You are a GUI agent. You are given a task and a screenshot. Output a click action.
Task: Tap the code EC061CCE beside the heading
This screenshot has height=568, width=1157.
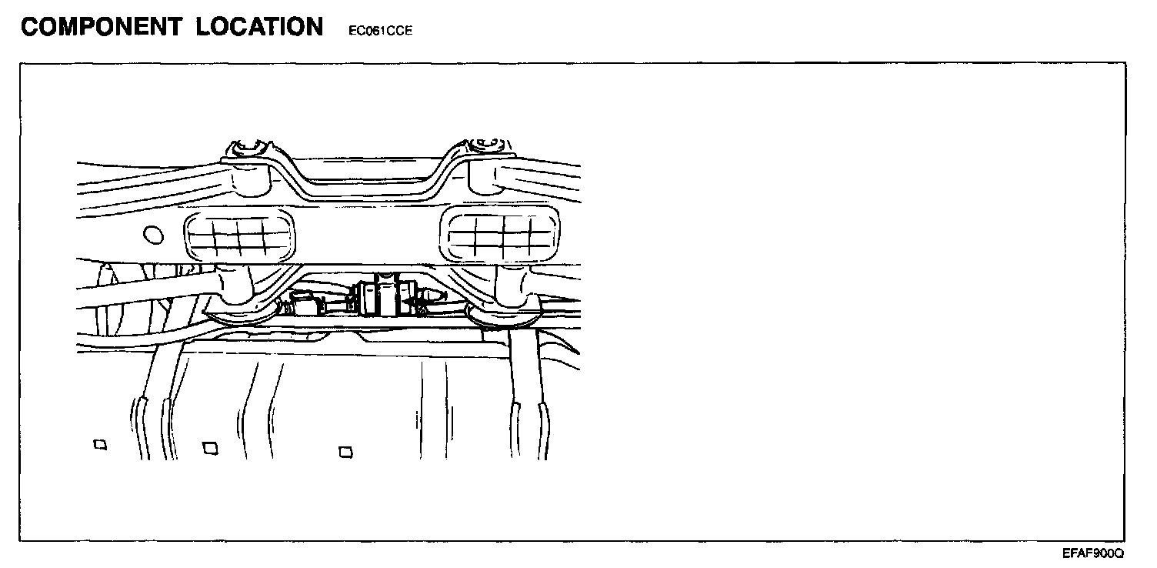point(375,32)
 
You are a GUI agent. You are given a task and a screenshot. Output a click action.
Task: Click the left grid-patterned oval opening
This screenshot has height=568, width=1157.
point(239,237)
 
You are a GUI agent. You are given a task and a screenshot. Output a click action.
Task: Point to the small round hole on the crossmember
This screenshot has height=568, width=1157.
point(152,234)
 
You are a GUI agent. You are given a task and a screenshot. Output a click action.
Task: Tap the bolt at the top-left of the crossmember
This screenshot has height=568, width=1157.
point(248,146)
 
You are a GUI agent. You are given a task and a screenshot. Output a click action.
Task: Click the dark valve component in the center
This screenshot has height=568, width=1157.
point(383,296)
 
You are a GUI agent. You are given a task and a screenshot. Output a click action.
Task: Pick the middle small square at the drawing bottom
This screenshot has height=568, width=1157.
point(209,446)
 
